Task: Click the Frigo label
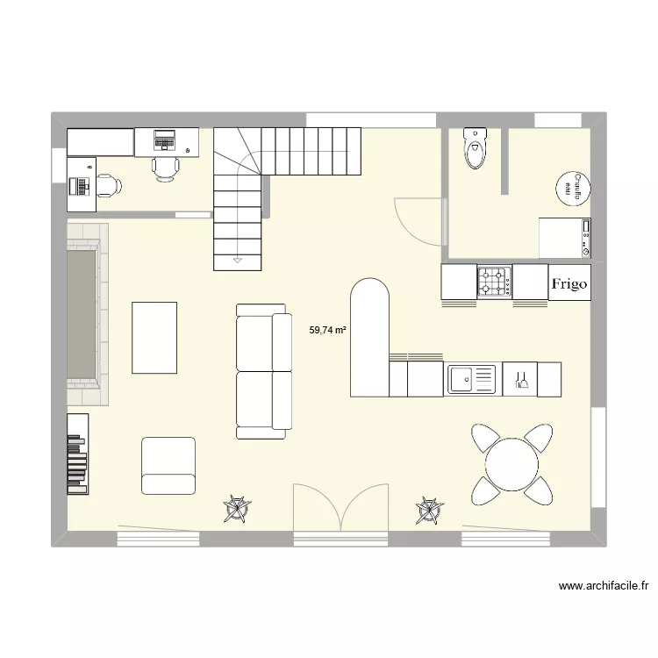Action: click(x=569, y=283)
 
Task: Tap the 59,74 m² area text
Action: click(x=327, y=331)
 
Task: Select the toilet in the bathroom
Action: click(x=475, y=148)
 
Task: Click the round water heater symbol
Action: click(x=572, y=187)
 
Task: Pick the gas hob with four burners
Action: click(x=494, y=283)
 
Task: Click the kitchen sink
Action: click(x=472, y=380)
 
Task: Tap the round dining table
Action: click(x=513, y=464)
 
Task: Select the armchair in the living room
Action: click(x=168, y=466)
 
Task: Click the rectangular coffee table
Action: click(x=154, y=337)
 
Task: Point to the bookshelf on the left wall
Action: click(x=78, y=453)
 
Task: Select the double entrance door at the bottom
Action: click(x=341, y=509)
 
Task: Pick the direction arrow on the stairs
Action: click(x=238, y=261)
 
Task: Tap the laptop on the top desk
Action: click(x=165, y=139)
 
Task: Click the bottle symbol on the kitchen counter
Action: click(x=521, y=380)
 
